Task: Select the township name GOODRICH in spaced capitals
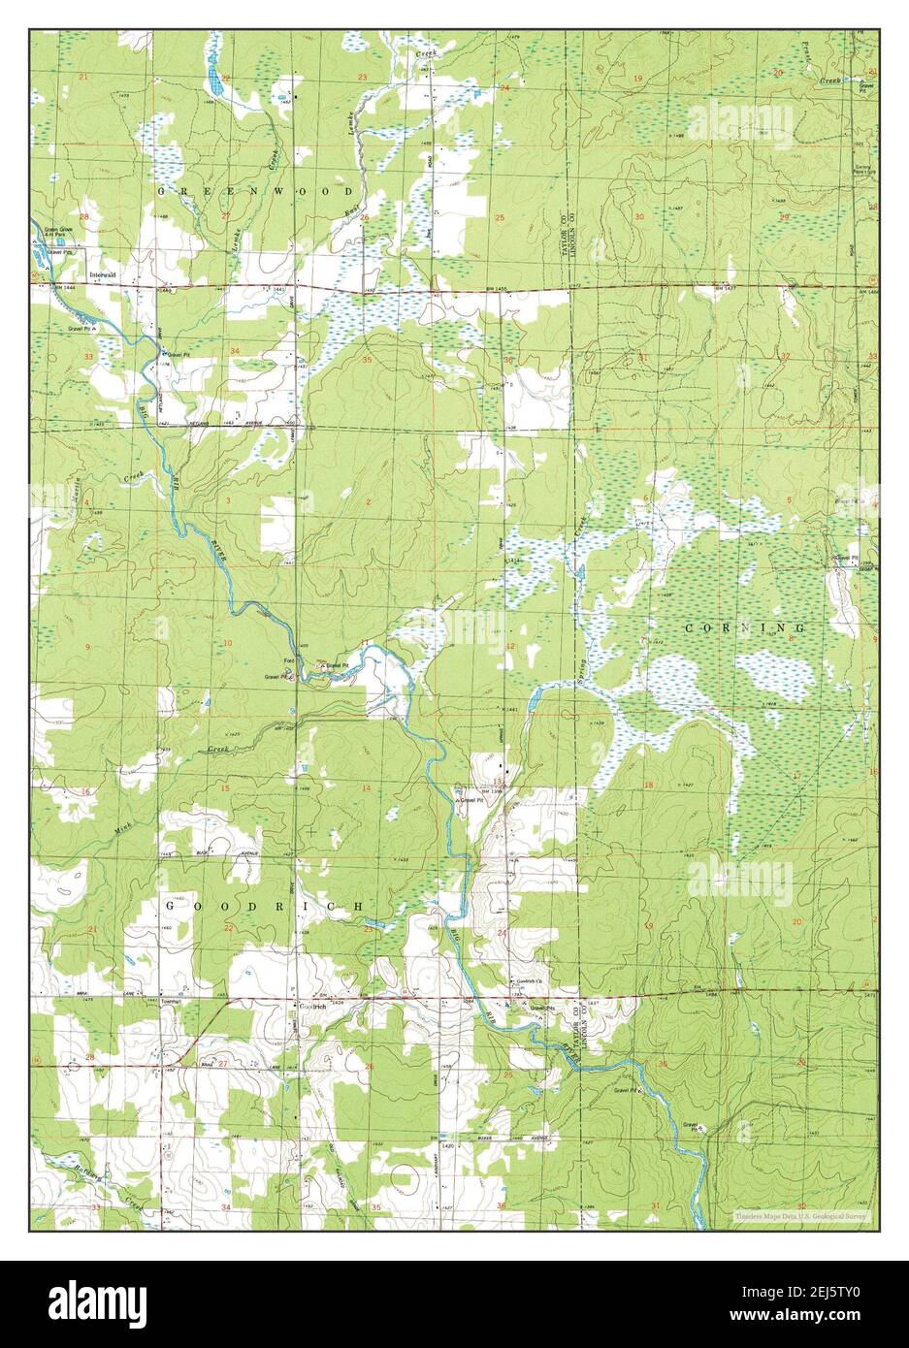(x=264, y=905)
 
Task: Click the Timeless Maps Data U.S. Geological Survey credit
(x=804, y=1215)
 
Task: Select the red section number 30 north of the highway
(x=639, y=215)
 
